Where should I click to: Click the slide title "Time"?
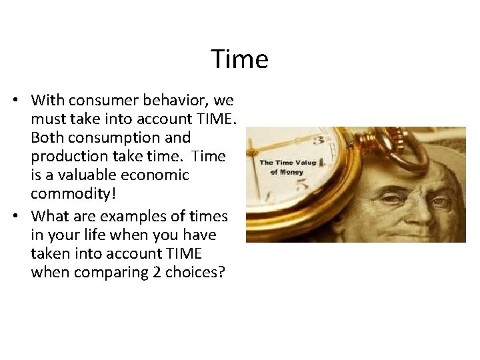[240, 59]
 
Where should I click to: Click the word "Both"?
[47, 138]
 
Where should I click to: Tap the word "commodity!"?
[71, 194]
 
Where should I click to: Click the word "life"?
[102, 235]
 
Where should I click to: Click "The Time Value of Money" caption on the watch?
[287, 167]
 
